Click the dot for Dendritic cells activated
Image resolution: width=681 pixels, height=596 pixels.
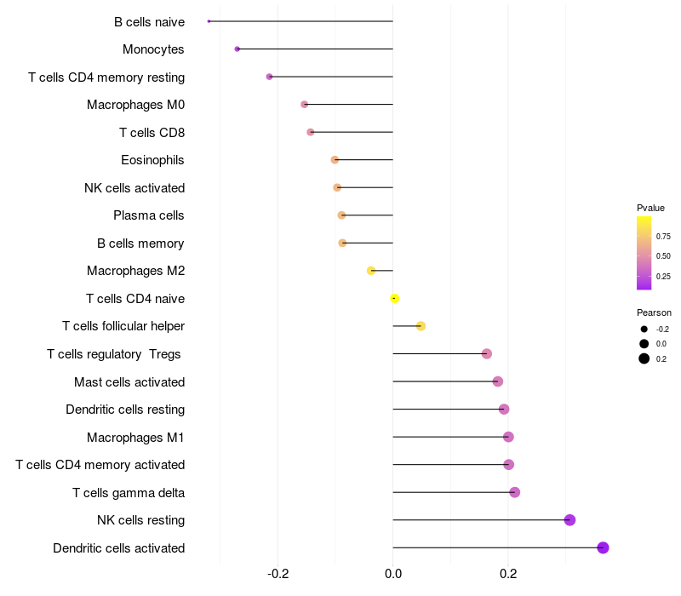coord(603,547)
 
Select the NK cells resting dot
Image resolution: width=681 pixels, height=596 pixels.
coord(569,520)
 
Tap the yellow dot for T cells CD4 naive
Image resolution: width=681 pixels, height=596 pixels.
coord(394,298)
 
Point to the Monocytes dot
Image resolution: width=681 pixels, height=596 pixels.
coord(237,49)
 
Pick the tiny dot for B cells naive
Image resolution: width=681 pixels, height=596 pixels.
coord(209,21)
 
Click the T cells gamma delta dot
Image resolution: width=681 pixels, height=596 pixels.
coord(514,492)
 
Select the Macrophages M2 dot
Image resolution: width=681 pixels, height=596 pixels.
coord(370,271)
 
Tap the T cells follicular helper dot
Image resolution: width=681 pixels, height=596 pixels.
coord(421,326)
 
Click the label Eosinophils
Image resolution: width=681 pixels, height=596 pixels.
coord(152,160)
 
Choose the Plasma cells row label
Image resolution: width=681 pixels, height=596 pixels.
coord(149,215)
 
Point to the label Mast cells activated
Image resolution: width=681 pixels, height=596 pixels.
coord(129,381)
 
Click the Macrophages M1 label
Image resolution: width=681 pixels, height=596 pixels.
coord(135,437)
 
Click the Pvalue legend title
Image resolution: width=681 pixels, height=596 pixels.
coord(650,208)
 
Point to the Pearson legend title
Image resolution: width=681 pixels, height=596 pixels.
coord(654,312)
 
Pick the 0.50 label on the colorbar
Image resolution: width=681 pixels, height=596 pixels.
coord(663,255)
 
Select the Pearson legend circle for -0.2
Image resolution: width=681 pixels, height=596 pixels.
coord(644,329)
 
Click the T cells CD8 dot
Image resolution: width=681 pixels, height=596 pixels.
coord(310,132)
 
